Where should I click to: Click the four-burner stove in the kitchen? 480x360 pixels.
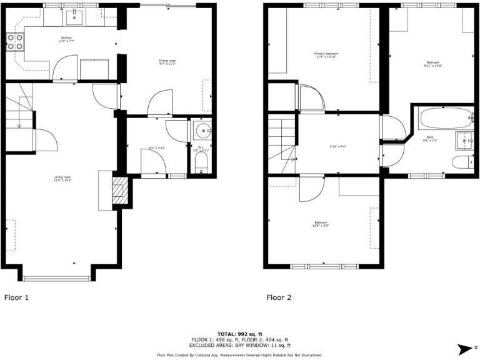[x=15, y=42]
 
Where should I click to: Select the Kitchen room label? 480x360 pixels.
[x=66, y=40]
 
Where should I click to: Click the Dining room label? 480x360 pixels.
[x=167, y=62]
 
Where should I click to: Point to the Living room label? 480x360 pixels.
[x=62, y=179]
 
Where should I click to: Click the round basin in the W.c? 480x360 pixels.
[x=202, y=131]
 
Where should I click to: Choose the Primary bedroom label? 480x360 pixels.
[x=326, y=56]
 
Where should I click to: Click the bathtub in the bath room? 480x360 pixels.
[x=446, y=117]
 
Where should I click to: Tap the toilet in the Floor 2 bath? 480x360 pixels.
[x=462, y=164]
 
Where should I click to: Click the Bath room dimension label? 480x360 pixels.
[x=430, y=139]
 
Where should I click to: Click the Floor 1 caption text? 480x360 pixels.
[x=17, y=298]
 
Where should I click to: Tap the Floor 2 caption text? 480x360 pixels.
[x=279, y=298]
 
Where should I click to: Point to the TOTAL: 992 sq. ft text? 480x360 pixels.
[x=239, y=334]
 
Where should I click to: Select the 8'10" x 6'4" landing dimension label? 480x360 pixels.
[x=338, y=147]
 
